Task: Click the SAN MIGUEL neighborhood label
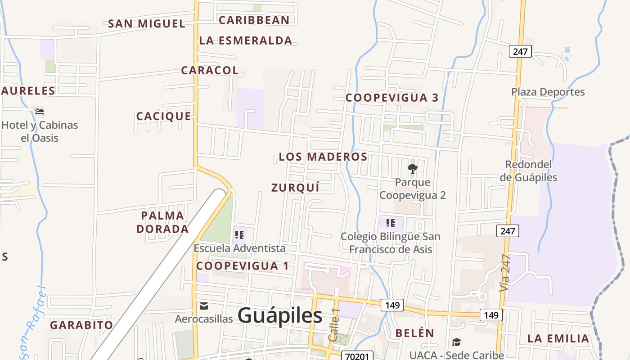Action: click(x=147, y=24)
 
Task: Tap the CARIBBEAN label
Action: click(x=254, y=20)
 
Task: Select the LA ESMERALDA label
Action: click(x=246, y=40)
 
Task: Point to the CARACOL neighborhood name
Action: click(x=210, y=70)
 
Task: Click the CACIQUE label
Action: click(x=164, y=117)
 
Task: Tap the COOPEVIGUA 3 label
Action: click(x=392, y=98)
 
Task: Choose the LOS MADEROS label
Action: click(x=323, y=157)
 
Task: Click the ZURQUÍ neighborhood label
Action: click(x=295, y=188)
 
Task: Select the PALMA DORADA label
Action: click(x=162, y=222)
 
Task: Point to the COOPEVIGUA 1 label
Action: click(x=243, y=266)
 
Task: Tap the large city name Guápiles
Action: click(x=280, y=315)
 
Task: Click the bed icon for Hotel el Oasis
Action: click(x=40, y=112)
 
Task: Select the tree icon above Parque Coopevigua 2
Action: click(x=412, y=169)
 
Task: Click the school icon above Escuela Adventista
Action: click(x=239, y=234)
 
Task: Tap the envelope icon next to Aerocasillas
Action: click(x=204, y=306)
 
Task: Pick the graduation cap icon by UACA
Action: click(x=456, y=343)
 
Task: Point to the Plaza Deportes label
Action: click(x=548, y=92)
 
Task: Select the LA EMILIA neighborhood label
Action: click(x=558, y=338)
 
